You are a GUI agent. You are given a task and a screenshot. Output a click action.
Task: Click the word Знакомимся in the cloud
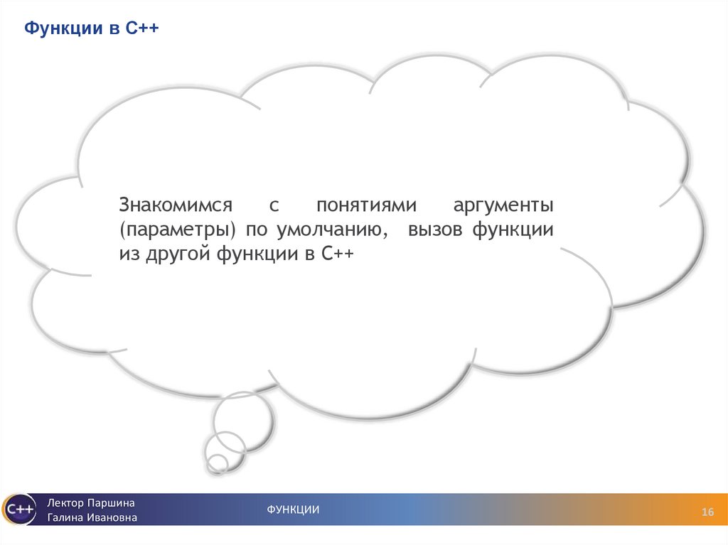coord(176,206)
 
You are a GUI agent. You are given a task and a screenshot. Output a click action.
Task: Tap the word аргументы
coord(503,206)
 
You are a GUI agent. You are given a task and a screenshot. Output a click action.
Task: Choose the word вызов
coord(434,231)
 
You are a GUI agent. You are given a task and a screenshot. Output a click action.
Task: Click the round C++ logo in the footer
coord(18,509)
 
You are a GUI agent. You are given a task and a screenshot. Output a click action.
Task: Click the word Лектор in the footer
coord(65,503)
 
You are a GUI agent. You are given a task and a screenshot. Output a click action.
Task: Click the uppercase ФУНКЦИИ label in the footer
coord(293,509)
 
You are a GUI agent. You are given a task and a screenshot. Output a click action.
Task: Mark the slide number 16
coord(707,512)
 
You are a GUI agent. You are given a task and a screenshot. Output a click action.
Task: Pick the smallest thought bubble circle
coord(218,464)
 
